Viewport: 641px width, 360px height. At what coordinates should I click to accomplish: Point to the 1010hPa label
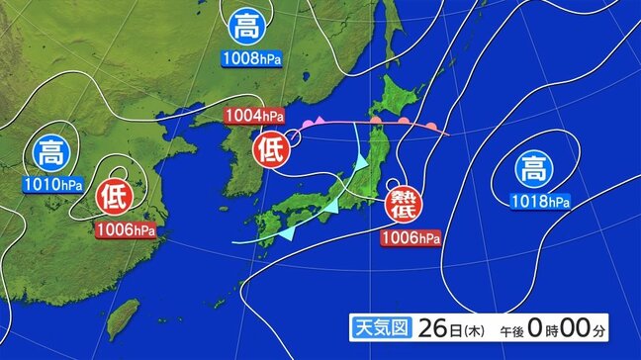(51, 184)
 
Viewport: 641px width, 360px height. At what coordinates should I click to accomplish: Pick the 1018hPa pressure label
(540, 203)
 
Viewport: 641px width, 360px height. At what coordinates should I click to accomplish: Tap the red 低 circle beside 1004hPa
(271, 149)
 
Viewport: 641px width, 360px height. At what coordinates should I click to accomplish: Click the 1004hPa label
(254, 117)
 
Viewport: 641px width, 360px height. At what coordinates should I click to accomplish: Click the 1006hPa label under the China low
(127, 230)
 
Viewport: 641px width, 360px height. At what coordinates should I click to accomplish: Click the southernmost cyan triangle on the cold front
(287, 235)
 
